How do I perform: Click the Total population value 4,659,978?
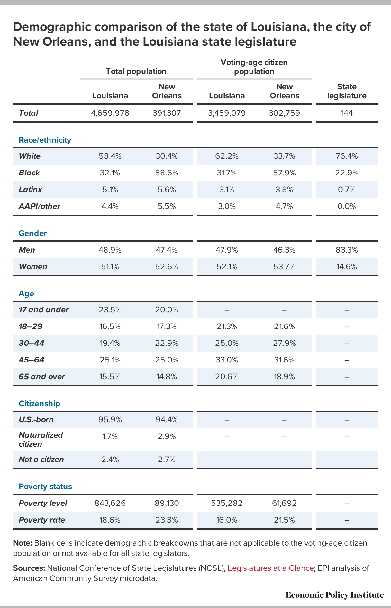(110, 113)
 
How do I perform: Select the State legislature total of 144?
(347, 113)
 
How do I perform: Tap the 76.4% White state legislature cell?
(347, 156)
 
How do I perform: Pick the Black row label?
(29, 173)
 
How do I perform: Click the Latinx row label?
(31, 190)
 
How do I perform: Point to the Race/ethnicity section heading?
(45, 140)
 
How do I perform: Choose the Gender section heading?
(33, 233)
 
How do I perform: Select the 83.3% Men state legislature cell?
(347, 250)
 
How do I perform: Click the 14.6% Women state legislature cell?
(347, 267)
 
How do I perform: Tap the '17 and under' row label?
(44, 310)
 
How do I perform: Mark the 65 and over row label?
(42, 377)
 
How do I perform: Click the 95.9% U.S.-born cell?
(110, 420)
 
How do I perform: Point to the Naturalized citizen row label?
(41, 440)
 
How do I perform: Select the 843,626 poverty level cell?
(110, 503)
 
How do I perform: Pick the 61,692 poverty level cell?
(284, 503)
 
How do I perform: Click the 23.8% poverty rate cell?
(167, 520)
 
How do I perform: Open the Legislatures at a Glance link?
(270, 568)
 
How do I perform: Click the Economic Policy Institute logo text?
(335, 595)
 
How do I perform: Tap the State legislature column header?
(347, 91)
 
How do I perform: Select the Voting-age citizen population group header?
(254, 67)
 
